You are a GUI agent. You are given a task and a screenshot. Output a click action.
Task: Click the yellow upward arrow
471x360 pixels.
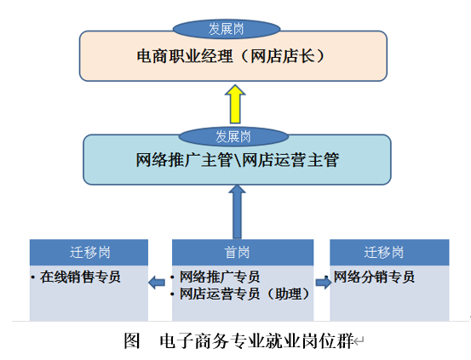[x=235, y=104]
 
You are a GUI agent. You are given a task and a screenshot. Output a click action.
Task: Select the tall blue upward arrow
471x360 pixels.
[x=237, y=212]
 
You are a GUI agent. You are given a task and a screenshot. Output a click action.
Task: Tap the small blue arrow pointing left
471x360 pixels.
[x=157, y=283]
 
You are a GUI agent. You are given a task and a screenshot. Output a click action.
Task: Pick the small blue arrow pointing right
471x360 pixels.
[x=324, y=283]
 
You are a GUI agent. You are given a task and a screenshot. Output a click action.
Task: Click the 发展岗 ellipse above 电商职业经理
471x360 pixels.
[x=227, y=29]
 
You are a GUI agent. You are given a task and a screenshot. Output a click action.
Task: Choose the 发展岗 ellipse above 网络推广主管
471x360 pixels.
[x=233, y=137]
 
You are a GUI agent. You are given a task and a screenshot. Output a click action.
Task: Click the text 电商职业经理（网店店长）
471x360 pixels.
[x=231, y=56]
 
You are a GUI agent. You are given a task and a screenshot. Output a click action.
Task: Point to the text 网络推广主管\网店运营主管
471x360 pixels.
[x=238, y=160]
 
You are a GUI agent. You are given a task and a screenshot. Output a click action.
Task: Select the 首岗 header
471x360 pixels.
[x=243, y=252]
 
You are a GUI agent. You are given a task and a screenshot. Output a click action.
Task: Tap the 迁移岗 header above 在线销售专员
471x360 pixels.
[x=89, y=252]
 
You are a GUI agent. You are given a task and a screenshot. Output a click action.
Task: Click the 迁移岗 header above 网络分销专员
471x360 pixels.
[x=389, y=252]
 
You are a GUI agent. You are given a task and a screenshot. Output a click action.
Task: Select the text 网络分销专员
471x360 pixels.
[x=374, y=277]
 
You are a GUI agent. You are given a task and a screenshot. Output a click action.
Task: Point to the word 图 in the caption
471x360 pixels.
[x=132, y=340]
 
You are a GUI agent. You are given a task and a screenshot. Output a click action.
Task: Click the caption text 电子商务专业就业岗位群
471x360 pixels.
[x=257, y=340]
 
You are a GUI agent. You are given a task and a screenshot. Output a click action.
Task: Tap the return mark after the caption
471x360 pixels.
[x=359, y=341]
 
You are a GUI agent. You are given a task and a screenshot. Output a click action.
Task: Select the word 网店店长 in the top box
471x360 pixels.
[x=283, y=56]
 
